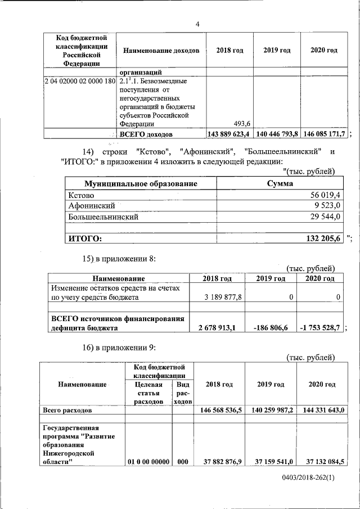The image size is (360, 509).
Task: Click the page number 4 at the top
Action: (x=197, y=24)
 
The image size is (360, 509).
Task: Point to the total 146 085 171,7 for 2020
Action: (x=324, y=134)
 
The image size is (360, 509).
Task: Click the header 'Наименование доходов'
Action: (x=161, y=51)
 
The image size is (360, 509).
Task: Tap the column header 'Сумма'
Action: (x=280, y=184)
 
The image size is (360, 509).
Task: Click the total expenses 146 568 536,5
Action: (x=220, y=411)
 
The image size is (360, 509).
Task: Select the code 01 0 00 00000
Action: (x=148, y=462)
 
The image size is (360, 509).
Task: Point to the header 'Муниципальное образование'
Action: (x=141, y=184)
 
